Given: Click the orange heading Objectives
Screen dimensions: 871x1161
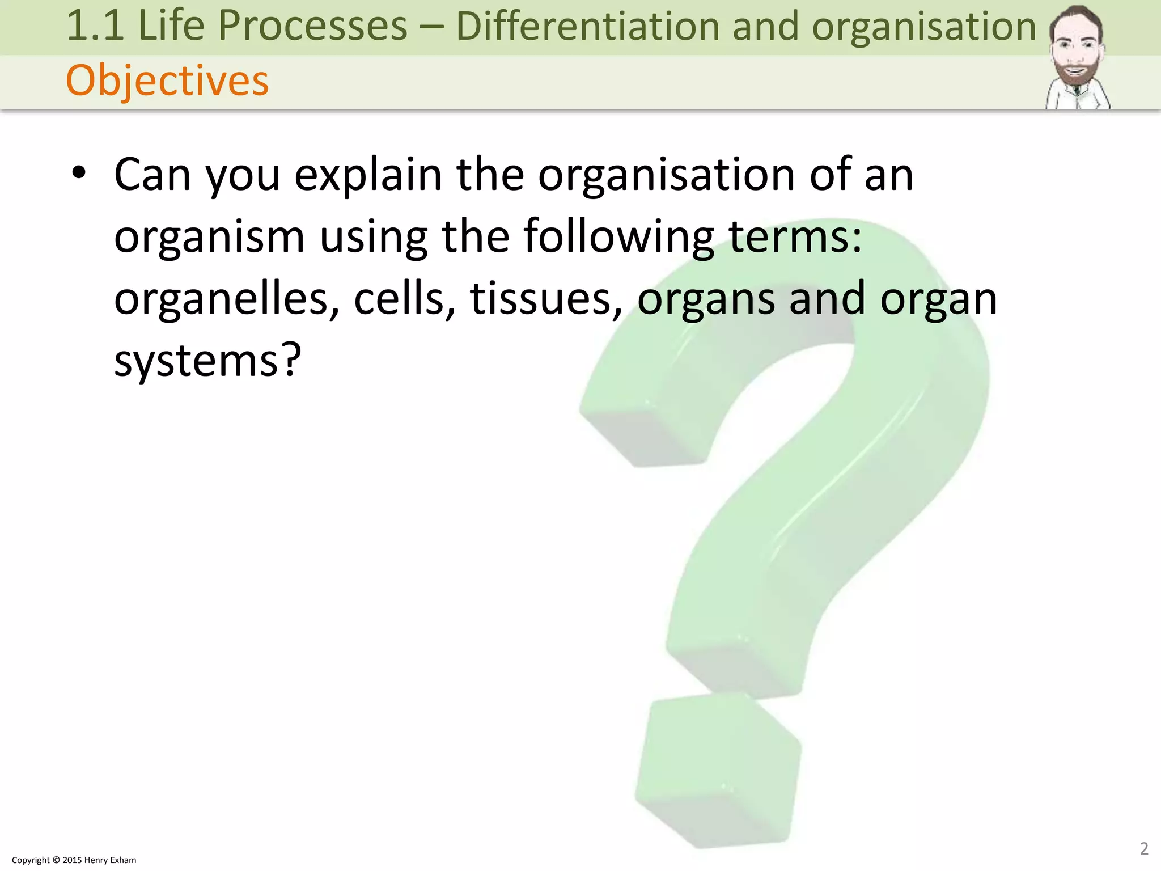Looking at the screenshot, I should pyautogui.click(x=167, y=81).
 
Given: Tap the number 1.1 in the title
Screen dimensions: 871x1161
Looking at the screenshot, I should pyautogui.click(x=95, y=26).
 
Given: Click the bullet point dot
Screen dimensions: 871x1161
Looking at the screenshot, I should pyautogui.click(x=79, y=173).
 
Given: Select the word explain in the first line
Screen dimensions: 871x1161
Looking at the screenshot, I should pyautogui.click(x=368, y=175).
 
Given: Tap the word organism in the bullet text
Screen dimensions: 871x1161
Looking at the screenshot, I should pyautogui.click(x=209, y=237).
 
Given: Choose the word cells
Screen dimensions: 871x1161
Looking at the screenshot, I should pyautogui.click(x=405, y=299).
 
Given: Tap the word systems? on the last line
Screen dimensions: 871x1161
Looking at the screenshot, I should pyautogui.click(x=207, y=361).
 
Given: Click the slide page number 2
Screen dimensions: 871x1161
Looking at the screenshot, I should pyautogui.click(x=1143, y=848).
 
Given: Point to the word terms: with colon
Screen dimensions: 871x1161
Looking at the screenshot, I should pyautogui.click(x=795, y=237).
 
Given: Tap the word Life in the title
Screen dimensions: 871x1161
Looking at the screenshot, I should pyautogui.click(x=171, y=26).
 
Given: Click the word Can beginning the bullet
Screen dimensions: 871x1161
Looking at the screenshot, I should pyautogui.click(x=152, y=175).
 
